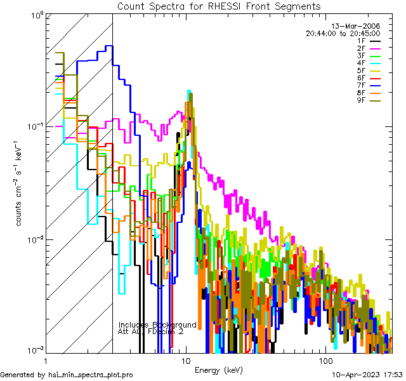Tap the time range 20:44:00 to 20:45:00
343,33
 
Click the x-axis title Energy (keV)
218,370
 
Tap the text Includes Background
157,324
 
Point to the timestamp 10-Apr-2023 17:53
367,375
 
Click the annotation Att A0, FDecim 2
152,331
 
